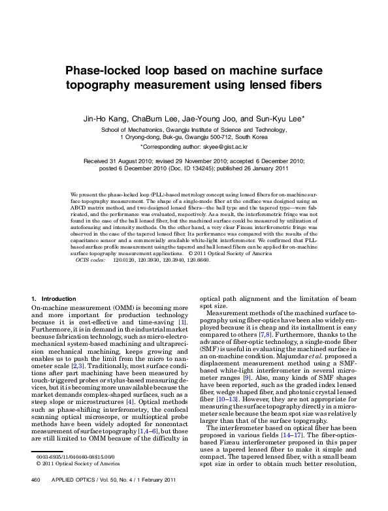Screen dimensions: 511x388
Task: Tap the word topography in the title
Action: click(103, 85)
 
